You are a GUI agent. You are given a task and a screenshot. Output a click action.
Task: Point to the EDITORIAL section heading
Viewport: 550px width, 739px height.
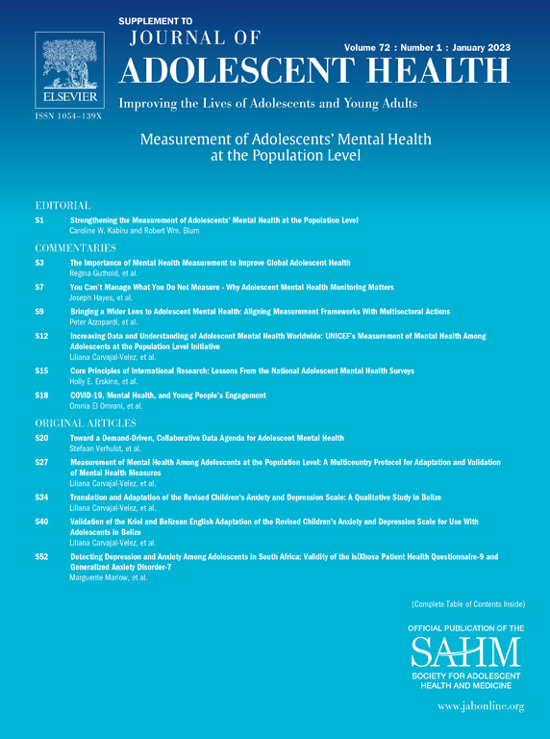tap(62, 206)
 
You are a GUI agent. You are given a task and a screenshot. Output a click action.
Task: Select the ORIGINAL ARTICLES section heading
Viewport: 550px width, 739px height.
tap(85, 423)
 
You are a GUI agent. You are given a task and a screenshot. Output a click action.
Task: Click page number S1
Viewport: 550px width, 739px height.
tap(40, 221)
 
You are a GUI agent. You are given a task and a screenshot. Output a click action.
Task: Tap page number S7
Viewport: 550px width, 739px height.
tap(40, 288)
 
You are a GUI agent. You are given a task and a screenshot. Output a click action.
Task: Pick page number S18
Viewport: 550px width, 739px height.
tap(41, 395)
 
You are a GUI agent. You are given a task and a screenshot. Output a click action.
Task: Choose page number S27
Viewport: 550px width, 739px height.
tap(41, 463)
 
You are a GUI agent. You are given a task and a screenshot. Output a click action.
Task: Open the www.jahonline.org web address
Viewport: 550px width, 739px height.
tap(480, 706)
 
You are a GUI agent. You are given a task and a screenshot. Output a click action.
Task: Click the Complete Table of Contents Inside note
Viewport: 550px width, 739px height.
tap(467, 604)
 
